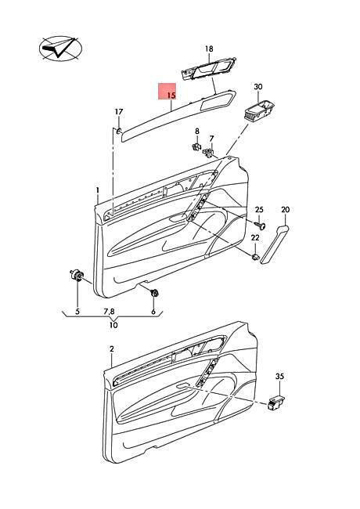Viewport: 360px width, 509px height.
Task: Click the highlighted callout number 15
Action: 171,96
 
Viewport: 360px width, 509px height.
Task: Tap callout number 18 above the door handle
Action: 209,49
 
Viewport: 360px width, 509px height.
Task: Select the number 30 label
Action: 258,87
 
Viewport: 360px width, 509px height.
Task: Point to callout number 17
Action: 119,112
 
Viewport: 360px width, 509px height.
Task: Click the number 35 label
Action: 279,376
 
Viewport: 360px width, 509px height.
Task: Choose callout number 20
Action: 286,210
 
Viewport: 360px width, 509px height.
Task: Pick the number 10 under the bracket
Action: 113,325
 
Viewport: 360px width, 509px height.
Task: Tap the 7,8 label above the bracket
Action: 110,312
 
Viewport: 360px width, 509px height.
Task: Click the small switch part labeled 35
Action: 275,403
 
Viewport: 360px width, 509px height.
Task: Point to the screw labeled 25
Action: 260,224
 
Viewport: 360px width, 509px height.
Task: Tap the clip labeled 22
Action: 256,258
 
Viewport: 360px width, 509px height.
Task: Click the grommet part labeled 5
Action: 77,276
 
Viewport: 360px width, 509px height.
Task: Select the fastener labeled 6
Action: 154,293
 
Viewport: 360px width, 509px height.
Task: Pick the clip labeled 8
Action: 196,147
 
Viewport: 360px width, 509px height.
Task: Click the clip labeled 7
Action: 209,152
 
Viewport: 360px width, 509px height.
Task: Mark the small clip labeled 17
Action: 119,131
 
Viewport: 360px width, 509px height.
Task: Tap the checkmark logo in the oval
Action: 60,49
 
